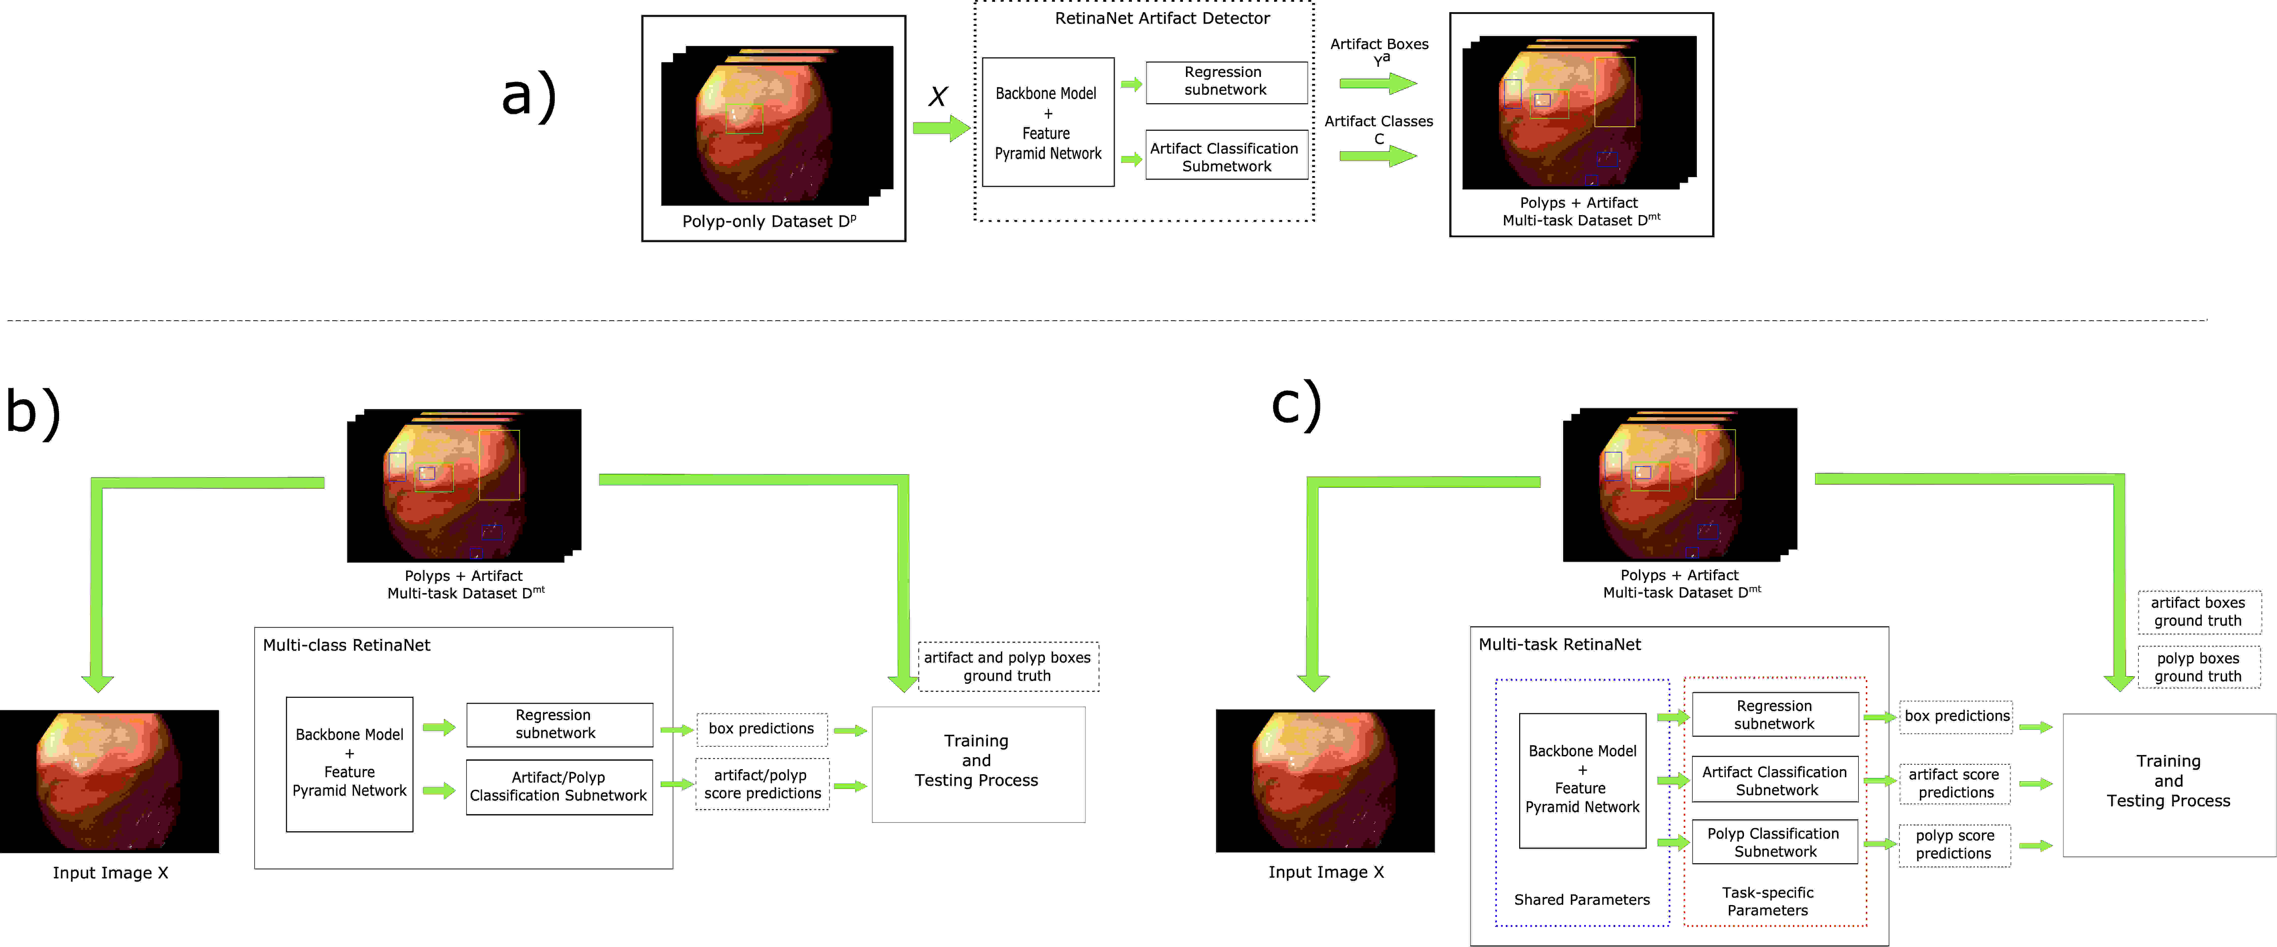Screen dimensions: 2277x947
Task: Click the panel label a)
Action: pyautogui.click(x=529, y=95)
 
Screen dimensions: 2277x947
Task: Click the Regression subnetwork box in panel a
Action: pyautogui.click(x=1226, y=82)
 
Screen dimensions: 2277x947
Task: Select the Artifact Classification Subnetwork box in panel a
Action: pyautogui.click(x=1226, y=156)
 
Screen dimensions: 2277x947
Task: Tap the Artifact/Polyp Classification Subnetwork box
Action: pyautogui.click(x=559, y=786)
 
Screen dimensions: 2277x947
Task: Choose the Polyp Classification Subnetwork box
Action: pyautogui.click(x=1774, y=842)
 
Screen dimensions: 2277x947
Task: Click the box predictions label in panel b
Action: pyautogui.click(x=761, y=729)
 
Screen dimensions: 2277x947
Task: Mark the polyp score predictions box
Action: pyautogui.click(x=1954, y=845)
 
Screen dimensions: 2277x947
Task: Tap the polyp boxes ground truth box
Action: pyautogui.click(x=2198, y=667)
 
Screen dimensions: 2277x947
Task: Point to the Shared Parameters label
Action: pyautogui.click(x=1581, y=899)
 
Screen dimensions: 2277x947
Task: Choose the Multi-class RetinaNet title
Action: pyautogui.click(x=346, y=645)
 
